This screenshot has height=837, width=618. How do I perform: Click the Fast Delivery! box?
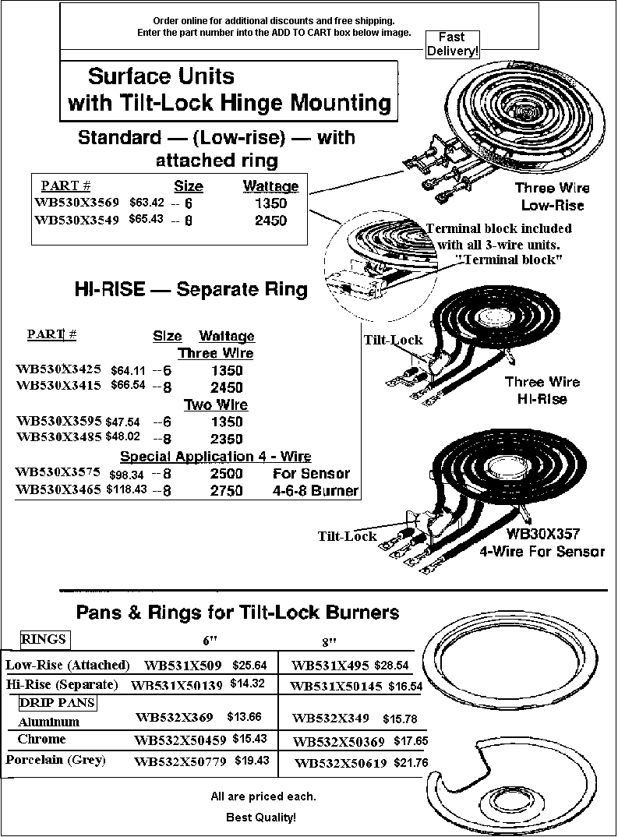click(x=453, y=44)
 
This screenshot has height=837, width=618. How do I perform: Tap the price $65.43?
click(x=147, y=219)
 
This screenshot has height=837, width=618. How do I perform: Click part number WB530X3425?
click(x=58, y=369)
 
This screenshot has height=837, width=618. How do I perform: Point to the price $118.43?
click(x=126, y=489)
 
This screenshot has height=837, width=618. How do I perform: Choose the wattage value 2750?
click(x=226, y=490)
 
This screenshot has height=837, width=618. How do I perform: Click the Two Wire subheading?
click(x=216, y=404)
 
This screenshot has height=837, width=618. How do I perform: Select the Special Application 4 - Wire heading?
click(x=216, y=457)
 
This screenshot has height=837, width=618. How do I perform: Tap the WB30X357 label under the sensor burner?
click(x=542, y=533)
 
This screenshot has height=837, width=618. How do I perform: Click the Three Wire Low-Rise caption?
click(x=553, y=196)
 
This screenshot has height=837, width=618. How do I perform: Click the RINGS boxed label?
click(x=45, y=640)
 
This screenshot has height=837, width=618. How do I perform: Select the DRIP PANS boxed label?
click(x=58, y=702)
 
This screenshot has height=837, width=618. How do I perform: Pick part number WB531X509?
click(x=182, y=665)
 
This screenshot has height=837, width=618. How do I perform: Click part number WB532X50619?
click(x=341, y=763)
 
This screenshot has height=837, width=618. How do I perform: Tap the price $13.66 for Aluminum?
click(x=244, y=716)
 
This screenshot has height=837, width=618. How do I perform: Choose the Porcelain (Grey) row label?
click(x=55, y=760)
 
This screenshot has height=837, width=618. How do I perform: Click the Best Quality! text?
click(x=261, y=817)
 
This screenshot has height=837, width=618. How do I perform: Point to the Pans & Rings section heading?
click(x=238, y=612)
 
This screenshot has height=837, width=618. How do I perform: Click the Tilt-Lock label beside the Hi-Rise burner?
click(x=394, y=340)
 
